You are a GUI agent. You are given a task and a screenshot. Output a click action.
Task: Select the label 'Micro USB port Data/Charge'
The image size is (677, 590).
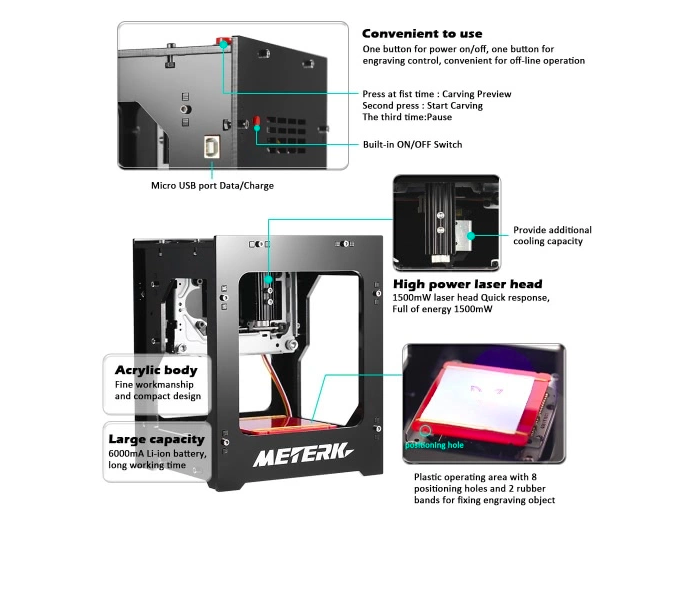pos(212,185)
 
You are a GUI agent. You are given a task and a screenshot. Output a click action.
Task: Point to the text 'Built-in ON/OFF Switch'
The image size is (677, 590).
pos(412,144)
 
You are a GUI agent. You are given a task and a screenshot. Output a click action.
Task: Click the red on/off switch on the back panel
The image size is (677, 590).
pos(256,123)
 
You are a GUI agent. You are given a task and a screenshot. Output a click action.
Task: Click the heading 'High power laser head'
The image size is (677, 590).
pos(467,284)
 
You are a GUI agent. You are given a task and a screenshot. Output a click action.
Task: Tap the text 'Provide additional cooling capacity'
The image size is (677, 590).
pos(552,235)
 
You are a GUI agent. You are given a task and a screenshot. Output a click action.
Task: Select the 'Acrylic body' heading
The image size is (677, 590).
pos(156,369)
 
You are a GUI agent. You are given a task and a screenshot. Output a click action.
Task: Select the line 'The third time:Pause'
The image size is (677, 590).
pos(406,117)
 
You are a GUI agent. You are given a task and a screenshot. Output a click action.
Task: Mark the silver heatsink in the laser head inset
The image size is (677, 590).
pos(463,236)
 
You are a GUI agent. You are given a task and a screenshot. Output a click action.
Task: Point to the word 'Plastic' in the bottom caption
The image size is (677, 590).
pos(432,477)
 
